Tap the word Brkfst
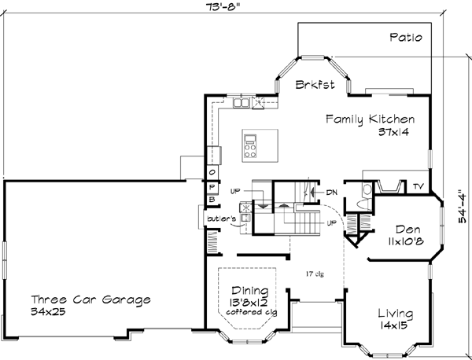click(x=312, y=84)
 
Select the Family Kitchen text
click(x=371, y=119)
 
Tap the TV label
click(x=418, y=186)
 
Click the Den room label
click(x=406, y=223)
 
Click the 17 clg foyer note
click(x=315, y=274)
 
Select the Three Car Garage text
click(x=90, y=299)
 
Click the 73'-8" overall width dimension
click(x=219, y=7)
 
